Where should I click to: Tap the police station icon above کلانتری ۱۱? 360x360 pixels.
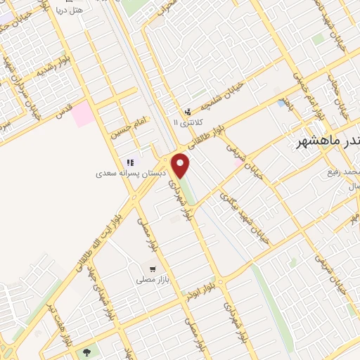(x=187, y=112)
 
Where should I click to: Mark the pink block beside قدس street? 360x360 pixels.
(x=84, y=114)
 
